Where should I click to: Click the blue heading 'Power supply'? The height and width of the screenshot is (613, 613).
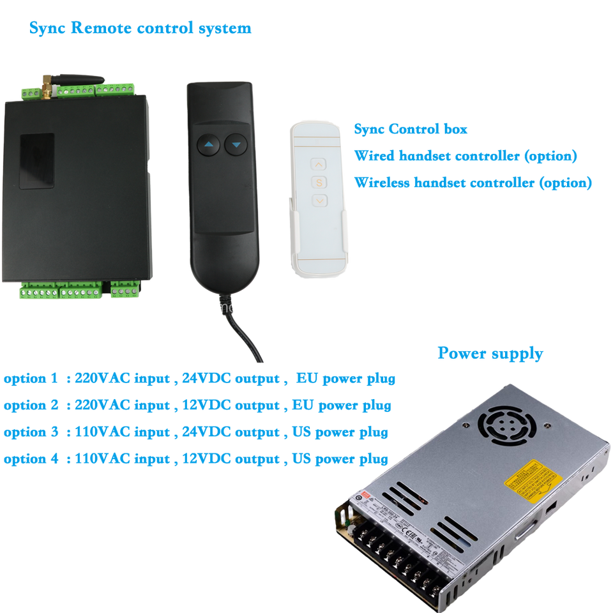point(490,353)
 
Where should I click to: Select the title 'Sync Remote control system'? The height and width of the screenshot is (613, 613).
point(140,28)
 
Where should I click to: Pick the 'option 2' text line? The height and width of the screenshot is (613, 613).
point(197,405)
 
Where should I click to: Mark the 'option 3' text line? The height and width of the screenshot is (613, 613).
point(195,432)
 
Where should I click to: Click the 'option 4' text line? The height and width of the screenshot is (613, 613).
point(195,458)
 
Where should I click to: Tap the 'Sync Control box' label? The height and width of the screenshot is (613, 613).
point(411,129)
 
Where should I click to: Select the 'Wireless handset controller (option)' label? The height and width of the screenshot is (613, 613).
point(473,183)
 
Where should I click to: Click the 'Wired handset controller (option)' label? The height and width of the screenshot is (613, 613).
point(465,156)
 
